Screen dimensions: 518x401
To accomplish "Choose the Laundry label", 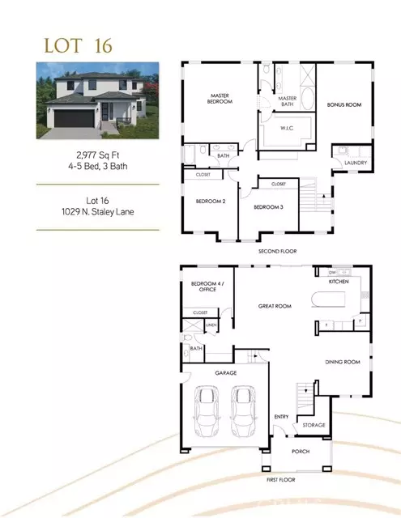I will pos(355,163).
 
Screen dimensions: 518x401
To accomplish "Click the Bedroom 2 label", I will pos(209,201).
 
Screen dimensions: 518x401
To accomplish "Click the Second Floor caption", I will pos(277,251).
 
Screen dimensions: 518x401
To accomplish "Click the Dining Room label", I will pos(342,362).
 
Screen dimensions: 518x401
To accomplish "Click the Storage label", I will pos(314,425).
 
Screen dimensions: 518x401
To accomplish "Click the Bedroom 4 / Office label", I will pos(203,287).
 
